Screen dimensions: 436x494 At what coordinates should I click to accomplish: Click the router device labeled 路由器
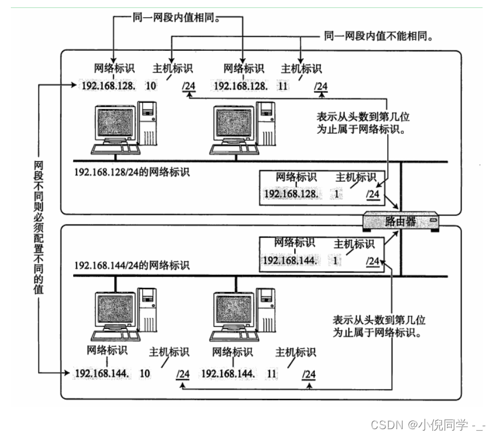[x=403, y=222]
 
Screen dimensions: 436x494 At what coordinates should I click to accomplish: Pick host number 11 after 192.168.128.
[x=281, y=86]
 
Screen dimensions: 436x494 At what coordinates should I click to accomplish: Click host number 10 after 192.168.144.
[x=145, y=374]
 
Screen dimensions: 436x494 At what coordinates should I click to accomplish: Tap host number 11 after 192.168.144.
[x=271, y=374]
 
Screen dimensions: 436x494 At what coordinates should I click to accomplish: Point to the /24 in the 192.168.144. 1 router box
[x=372, y=261]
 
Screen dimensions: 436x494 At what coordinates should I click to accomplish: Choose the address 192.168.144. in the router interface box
[x=289, y=261]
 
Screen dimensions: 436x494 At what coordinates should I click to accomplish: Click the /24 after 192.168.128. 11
[x=321, y=86]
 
